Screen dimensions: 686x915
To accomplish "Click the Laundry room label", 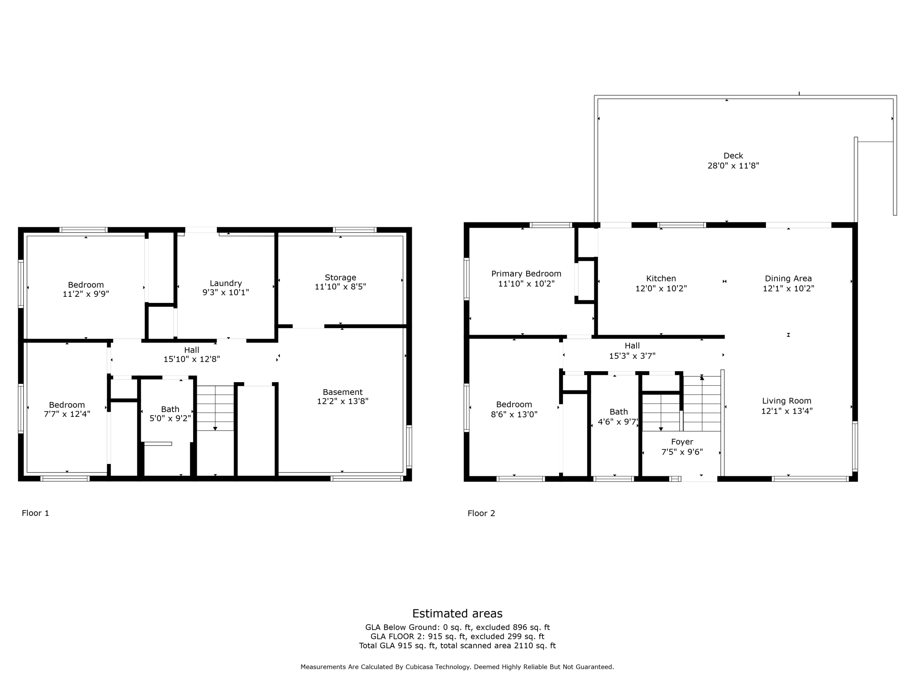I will (226, 283).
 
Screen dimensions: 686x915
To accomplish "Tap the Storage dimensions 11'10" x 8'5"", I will (340, 287).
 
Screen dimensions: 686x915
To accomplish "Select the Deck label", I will (733, 156).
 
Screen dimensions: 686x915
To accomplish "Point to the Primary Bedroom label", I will (526, 274).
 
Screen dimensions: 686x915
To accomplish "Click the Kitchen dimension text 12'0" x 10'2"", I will (661, 288).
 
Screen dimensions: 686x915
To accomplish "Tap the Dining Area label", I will (788, 278).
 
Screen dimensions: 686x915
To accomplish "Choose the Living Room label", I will (787, 401).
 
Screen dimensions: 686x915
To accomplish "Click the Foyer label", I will (682, 442).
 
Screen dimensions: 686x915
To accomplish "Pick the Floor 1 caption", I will (36, 513).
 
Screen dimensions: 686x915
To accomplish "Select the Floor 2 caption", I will (481, 513).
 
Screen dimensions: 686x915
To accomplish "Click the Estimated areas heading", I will (457, 613).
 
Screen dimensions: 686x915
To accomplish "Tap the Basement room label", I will (342, 392).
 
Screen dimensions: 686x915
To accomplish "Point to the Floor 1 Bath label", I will (170, 409).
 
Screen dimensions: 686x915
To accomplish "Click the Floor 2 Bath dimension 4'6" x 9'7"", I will (618, 422).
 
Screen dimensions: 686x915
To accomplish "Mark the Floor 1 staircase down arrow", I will (215, 428).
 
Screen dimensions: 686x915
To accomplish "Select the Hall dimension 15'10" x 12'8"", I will (191, 359).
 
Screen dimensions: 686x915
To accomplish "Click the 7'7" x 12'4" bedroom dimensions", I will (67, 414).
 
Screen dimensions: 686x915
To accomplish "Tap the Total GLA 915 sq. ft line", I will (457, 646).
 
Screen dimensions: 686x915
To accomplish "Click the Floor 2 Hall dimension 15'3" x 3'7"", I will (632, 356).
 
